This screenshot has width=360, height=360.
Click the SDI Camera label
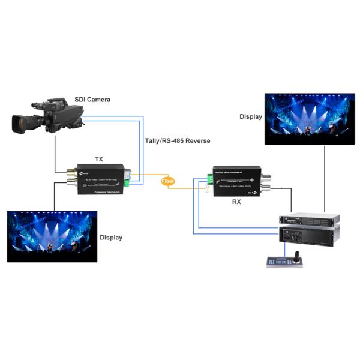[x=92, y=99]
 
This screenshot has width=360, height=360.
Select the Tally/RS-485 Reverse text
[x=178, y=140]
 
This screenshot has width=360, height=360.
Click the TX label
[x=99, y=159]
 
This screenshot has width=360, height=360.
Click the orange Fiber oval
[x=168, y=180]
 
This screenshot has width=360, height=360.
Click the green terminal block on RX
[x=209, y=178]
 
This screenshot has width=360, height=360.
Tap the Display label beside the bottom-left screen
[x=111, y=238]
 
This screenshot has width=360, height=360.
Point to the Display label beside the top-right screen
[x=250, y=116]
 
